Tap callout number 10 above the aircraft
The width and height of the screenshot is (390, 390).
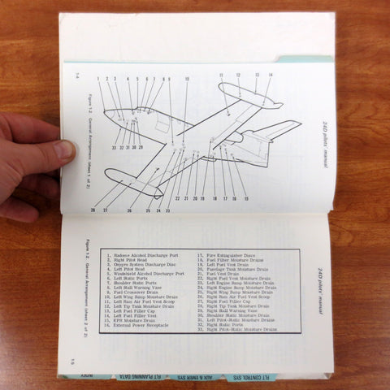click(186, 80)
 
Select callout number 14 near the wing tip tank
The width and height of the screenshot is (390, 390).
click(271, 76)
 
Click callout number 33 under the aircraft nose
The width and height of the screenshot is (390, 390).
click(113, 147)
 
